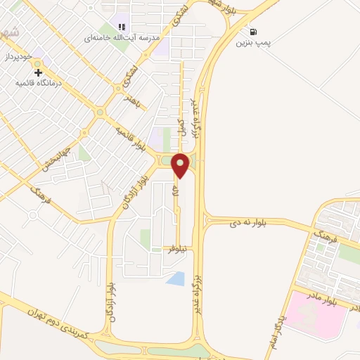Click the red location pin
[x=181, y=165]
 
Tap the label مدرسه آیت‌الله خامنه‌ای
[x=127, y=36]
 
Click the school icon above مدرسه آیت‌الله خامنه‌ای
[x=122, y=27]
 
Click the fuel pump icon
[x=252, y=32]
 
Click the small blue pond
[x=175, y=278]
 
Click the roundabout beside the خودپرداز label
[x=37, y=70]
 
